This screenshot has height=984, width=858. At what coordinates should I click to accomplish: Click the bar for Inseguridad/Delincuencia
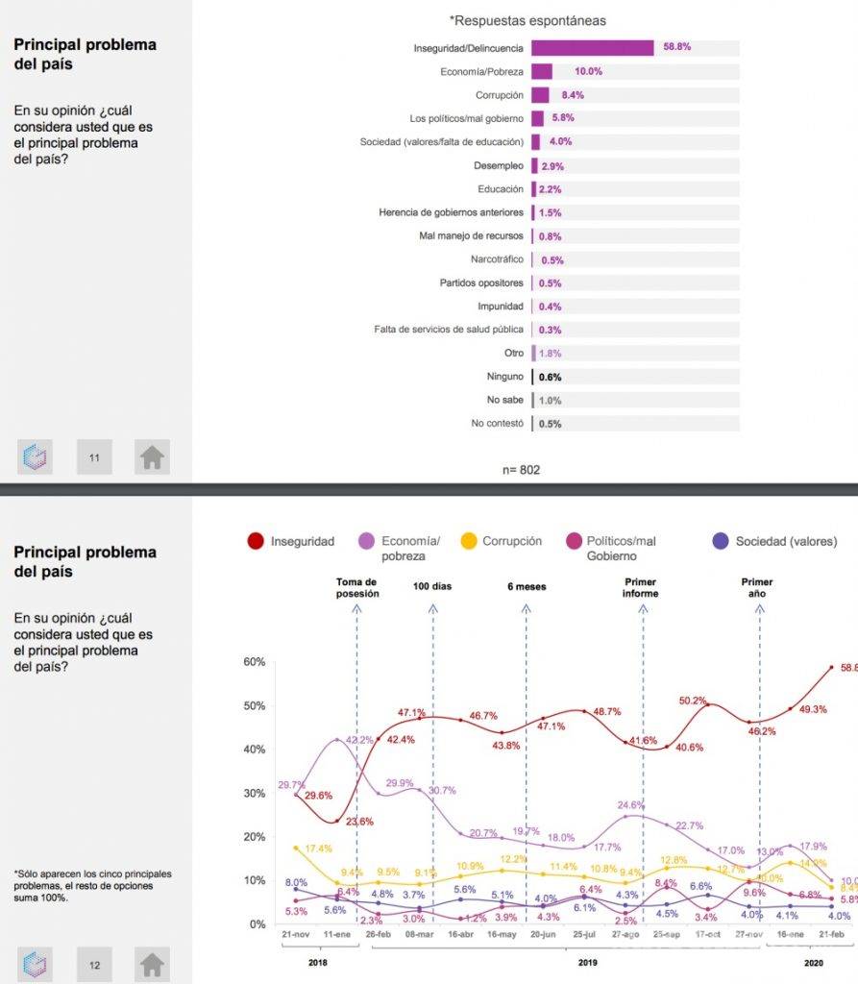[x=592, y=48]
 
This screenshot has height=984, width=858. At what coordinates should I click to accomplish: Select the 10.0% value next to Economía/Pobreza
[x=588, y=72]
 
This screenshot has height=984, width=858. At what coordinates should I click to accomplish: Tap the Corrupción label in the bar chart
[x=499, y=95]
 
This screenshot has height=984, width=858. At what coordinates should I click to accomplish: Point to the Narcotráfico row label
[x=497, y=259]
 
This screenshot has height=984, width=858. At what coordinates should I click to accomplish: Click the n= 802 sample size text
[x=521, y=470]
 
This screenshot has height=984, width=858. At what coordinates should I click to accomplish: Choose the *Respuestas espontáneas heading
[x=527, y=20]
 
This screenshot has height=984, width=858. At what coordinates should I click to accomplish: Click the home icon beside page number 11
[x=152, y=457]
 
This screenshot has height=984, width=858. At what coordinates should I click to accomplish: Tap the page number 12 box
[x=94, y=964]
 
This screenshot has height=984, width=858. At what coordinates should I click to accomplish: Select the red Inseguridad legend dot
[x=256, y=541]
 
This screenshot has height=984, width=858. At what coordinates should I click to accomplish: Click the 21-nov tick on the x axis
[x=296, y=934]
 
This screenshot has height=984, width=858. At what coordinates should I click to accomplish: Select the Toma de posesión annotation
[x=357, y=587]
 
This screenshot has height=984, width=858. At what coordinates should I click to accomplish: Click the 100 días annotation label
[x=432, y=585]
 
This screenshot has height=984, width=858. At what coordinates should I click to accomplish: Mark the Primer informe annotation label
[x=641, y=587]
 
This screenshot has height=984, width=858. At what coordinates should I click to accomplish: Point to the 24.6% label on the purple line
[x=630, y=805]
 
